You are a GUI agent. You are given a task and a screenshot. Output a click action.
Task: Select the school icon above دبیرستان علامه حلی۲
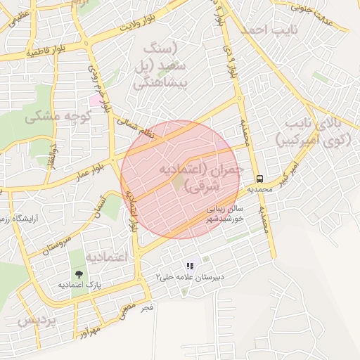[x=189, y=266]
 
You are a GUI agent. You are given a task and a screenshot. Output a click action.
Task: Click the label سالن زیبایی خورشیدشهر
[x=224, y=214]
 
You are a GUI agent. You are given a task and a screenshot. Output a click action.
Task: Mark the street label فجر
[x=146, y=307]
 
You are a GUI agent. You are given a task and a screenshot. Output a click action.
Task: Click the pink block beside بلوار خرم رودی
[x=94, y=100]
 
